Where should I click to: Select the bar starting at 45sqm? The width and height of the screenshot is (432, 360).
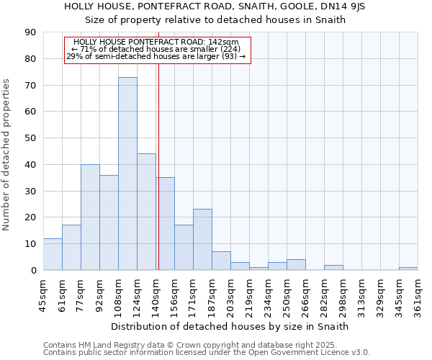(x=53, y=254)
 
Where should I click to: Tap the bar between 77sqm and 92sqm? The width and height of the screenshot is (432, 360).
(x=90, y=217)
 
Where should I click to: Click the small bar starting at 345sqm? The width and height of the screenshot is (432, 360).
(x=408, y=269)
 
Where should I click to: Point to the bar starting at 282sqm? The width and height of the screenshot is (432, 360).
(x=333, y=267)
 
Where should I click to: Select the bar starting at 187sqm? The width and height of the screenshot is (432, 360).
(x=221, y=261)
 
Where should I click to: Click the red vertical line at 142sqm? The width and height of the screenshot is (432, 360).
(x=158, y=180)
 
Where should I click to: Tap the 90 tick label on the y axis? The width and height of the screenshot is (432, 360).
(x=30, y=32)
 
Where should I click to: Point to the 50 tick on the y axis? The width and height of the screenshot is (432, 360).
(x=30, y=138)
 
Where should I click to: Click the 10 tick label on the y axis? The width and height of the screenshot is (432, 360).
(x=30, y=244)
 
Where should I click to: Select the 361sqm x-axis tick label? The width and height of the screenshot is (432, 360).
(x=418, y=295)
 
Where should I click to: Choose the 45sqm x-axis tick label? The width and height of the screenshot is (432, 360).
(x=43, y=295)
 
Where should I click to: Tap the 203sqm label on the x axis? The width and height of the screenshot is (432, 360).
(x=230, y=295)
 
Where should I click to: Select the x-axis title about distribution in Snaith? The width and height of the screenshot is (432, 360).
(x=230, y=326)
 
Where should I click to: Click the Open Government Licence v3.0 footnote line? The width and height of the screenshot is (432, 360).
(x=207, y=352)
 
